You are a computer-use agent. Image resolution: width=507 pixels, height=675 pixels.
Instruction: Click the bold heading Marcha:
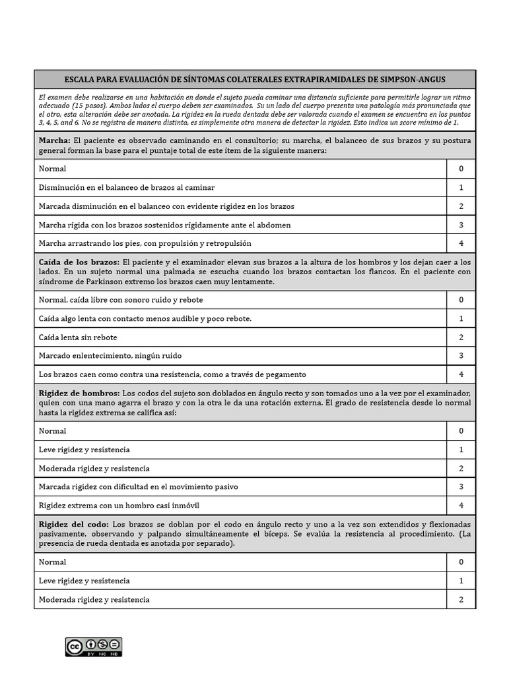[x=55, y=140]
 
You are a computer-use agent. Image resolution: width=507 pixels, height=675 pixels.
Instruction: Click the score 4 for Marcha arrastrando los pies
[x=461, y=243]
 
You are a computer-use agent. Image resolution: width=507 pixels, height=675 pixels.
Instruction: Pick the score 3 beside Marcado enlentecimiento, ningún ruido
[x=461, y=355]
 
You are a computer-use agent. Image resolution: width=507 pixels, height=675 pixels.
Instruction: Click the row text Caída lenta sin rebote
[x=78, y=337]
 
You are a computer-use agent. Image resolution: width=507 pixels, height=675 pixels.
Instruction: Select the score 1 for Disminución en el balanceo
[x=461, y=187]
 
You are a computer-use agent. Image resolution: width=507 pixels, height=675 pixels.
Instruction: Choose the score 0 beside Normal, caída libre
[x=461, y=299]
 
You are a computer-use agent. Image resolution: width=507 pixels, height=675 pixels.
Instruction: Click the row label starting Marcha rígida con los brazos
[x=164, y=225]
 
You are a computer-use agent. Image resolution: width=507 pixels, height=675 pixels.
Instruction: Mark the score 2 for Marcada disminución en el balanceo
[x=461, y=206]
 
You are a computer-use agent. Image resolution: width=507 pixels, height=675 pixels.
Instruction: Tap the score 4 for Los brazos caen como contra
[x=461, y=374]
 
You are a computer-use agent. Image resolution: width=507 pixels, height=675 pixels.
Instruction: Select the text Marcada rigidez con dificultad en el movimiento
[x=138, y=486]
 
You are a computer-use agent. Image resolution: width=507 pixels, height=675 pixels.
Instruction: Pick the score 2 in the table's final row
[x=461, y=599]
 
